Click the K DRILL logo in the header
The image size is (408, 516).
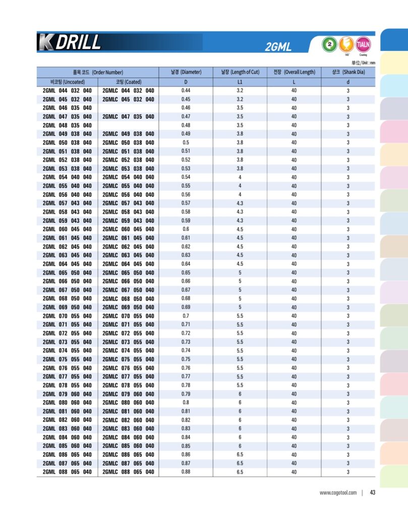tap(69, 42)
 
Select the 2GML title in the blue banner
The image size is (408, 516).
tap(278, 47)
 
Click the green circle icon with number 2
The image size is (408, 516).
tap(329, 44)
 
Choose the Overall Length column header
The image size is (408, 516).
tap(294, 72)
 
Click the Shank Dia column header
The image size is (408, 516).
tap(348, 72)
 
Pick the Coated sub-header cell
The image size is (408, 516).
tap(129, 82)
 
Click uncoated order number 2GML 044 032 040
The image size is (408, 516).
tap(67, 91)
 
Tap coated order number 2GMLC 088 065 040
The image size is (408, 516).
tap(129, 472)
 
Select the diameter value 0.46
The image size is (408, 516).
tap(186, 108)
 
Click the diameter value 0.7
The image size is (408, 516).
tap(186, 316)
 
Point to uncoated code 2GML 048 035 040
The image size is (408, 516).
tap(67, 125)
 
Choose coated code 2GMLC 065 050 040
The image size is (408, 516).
tap(129, 273)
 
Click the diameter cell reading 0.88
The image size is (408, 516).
tap(186, 472)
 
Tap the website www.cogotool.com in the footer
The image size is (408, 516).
tap(338, 493)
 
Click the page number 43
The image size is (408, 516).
tap(373, 493)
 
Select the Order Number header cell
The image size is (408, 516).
tap(98, 72)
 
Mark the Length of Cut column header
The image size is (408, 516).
tap(240, 72)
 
